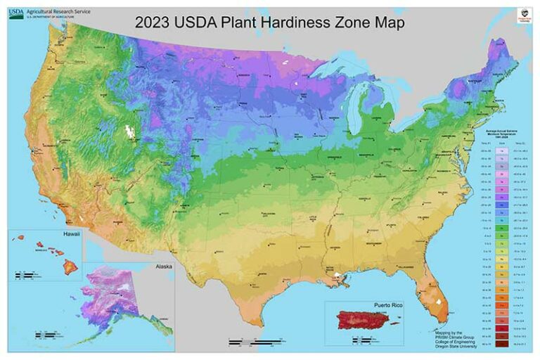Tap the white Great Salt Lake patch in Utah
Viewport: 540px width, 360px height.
[x=129, y=131]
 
